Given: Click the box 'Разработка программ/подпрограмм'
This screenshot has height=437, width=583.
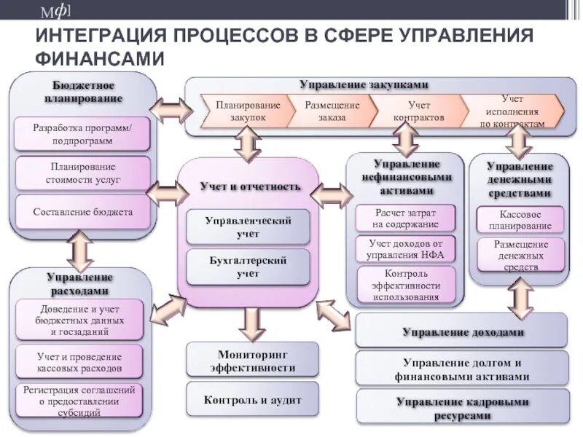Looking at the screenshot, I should [82, 133].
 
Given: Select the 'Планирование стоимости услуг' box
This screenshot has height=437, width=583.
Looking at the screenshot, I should [82, 173].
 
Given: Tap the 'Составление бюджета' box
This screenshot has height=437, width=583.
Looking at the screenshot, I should [82, 212].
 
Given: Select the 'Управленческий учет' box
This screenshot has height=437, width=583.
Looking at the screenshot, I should [248, 226].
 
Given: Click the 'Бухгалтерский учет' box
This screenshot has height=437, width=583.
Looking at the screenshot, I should [248, 267].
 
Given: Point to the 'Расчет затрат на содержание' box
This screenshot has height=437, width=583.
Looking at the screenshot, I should [405, 218].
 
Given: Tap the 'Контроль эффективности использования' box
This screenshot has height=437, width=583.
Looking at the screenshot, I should [405, 284].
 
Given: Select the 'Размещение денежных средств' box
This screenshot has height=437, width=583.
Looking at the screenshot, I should [520, 255].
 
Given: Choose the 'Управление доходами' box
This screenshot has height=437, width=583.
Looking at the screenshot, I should [461, 331].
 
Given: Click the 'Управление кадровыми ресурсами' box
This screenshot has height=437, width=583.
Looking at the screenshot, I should [461, 408].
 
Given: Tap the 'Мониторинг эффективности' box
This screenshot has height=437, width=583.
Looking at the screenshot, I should [252, 361].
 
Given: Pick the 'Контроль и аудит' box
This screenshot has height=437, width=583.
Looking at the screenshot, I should [252, 400].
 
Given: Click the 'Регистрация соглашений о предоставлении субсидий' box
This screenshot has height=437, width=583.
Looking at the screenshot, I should [79, 401].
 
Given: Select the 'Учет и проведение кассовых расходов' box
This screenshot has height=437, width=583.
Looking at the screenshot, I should [79, 363].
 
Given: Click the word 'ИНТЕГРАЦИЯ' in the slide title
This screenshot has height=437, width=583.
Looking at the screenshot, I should [98, 36].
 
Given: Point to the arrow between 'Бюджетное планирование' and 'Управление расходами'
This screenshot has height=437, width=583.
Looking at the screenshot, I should [79, 250].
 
